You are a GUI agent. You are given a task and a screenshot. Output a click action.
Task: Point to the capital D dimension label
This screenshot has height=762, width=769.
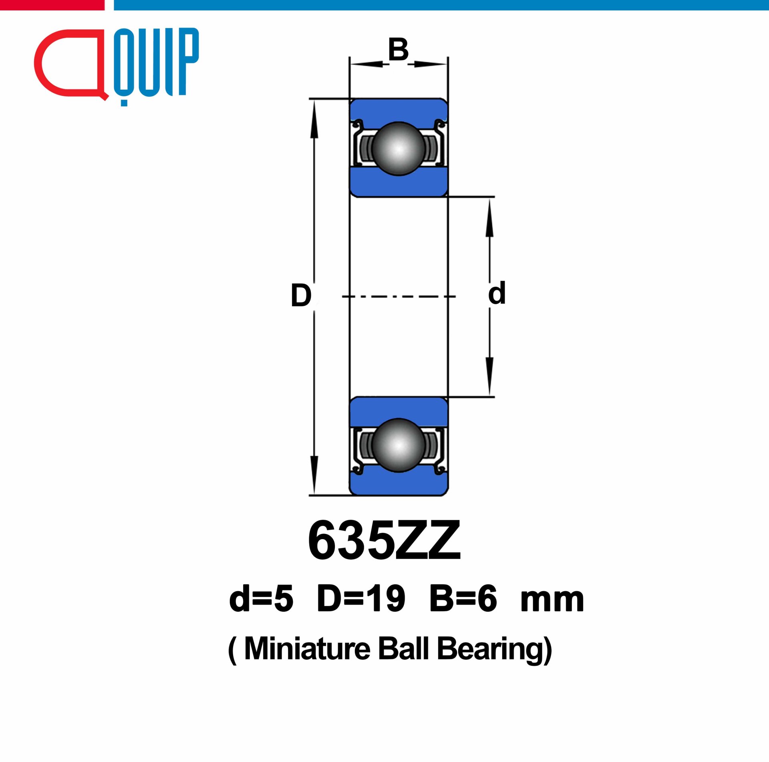[x=301, y=295]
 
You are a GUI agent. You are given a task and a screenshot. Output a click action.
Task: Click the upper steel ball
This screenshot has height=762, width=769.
[x=398, y=149]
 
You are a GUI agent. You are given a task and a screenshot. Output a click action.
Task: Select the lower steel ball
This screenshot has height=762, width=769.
[x=398, y=445]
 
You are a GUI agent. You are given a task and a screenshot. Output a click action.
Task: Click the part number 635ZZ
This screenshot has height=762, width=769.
[x=384, y=540]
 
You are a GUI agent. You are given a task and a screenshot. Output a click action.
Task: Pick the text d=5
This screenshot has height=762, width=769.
[x=261, y=598]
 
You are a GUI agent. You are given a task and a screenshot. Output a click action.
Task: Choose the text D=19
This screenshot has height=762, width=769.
[x=361, y=598]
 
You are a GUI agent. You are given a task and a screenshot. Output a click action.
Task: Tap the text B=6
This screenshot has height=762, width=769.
[x=463, y=598]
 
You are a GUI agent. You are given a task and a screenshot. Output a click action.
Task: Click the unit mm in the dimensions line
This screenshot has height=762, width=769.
[x=552, y=601]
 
